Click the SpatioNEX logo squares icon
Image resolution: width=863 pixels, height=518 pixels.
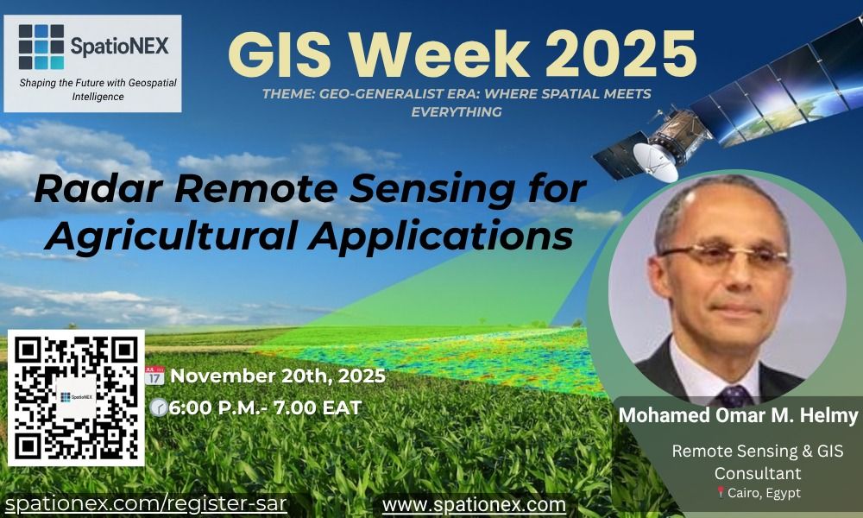(x=41, y=47)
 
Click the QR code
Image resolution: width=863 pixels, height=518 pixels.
(x=76, y=396)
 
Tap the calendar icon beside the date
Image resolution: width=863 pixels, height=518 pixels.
(x=154, y=376)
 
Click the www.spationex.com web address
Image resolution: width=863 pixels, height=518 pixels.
(x=474, y=503)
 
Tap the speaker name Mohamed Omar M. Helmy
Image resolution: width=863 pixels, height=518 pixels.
(x=739, y=416)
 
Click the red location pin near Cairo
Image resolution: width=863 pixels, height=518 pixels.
(x=720, y=493)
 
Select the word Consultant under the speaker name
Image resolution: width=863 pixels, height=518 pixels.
(x=758, y=473)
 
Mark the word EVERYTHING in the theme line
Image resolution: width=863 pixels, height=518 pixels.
(x=457, y=111)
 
